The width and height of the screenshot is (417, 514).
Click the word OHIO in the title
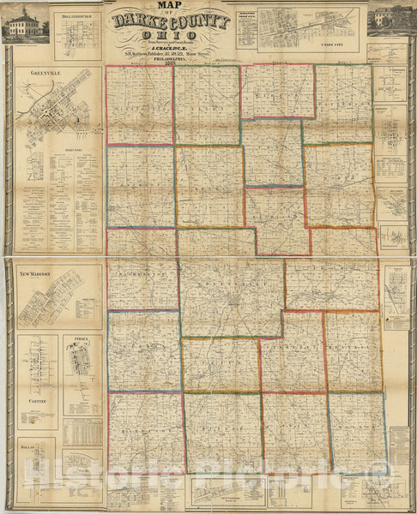coord(171,38)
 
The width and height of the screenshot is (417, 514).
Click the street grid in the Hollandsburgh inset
coord(76,34)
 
